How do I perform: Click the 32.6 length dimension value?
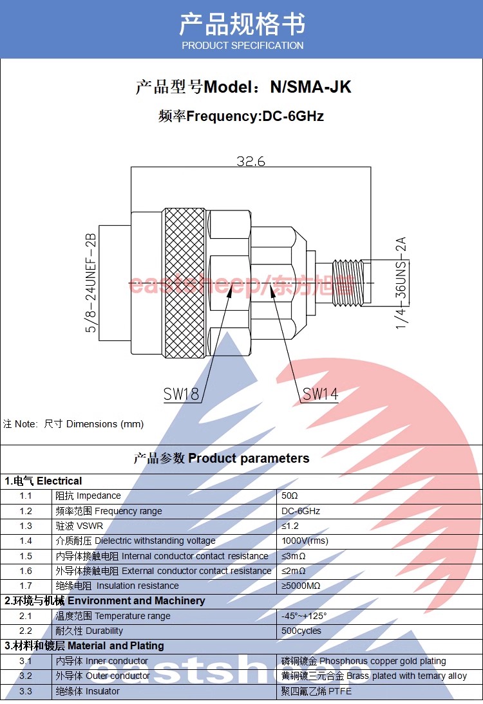(251, 162)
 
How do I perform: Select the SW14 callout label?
(320, 394)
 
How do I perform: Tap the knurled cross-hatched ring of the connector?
(184, 283)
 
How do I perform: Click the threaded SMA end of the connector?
(348, 282)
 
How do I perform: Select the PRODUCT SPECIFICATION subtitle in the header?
(242, 46)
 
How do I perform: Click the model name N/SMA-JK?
(310, 88)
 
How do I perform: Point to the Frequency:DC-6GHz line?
(241, 116)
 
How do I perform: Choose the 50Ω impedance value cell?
(290, 496)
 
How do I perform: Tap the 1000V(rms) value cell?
(305, 541)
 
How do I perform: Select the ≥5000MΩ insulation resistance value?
(301, 586)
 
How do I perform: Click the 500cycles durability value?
(301, 631)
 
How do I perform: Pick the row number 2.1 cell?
(26, 616)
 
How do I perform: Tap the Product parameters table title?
(222, 459)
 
